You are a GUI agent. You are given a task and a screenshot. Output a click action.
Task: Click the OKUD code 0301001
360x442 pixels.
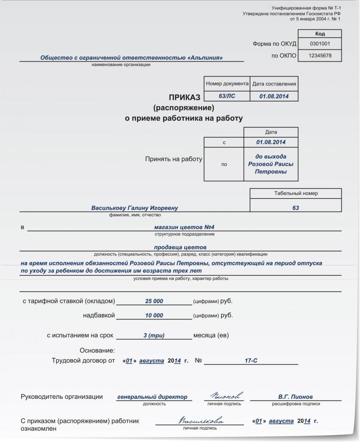coord(320,44)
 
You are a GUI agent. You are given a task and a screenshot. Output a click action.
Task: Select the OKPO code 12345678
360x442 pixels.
coord(320,56)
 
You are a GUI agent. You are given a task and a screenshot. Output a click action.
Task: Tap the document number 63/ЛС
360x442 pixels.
coord(227,96)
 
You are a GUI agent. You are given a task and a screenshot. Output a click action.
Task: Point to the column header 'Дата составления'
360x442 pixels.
coord(274,84)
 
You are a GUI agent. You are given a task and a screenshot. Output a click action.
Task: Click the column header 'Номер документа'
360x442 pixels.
coord(227,84)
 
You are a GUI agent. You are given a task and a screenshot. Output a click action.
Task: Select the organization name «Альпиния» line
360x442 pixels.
coord(132,57)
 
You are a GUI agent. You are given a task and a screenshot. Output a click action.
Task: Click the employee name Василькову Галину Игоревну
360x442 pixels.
coord(135,208)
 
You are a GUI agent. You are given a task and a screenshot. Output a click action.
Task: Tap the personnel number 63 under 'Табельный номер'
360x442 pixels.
coord(296,208)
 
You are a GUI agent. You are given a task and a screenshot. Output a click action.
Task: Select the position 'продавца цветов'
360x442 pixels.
coord(180,247)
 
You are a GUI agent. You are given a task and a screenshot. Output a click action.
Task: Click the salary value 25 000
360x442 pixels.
coord(154,301)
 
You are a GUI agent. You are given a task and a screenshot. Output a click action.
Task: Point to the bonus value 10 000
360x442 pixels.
coord(154,316)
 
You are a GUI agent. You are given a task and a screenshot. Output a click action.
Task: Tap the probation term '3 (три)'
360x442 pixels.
coord(154,335)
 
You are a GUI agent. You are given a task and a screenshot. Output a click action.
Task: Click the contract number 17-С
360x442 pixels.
coord(251,360)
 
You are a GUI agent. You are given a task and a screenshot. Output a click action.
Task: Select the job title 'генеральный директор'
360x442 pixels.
coord(152,397)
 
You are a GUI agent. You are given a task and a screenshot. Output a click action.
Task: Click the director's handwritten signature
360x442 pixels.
coord(226,395)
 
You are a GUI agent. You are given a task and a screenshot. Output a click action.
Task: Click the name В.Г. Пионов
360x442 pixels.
coord(296,397)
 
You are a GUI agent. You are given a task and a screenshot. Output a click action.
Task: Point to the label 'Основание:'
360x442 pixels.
coord(98,350)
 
